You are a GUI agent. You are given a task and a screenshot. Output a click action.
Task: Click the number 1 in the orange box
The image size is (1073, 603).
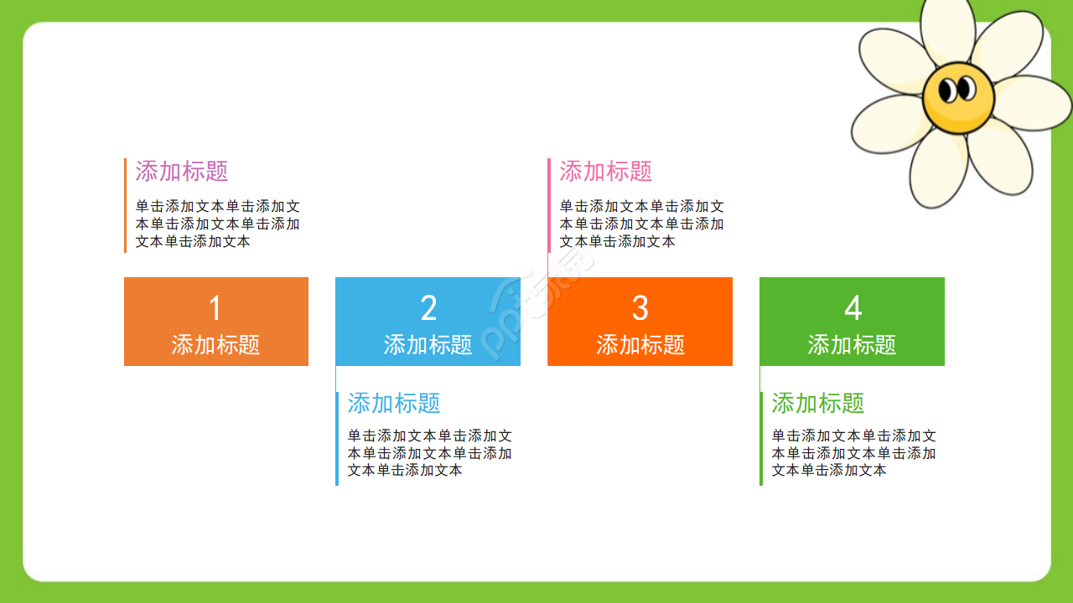(x=215, y=308)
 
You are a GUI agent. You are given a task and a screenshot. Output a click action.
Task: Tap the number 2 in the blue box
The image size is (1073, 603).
(x=428, y=308)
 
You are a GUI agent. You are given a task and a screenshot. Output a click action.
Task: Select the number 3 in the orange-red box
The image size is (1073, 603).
(x=640, y=308)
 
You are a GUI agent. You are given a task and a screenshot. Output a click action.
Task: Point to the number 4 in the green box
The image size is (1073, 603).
(x=853, y=308)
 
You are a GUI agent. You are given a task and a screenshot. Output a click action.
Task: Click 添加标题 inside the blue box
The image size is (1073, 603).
(x=428, y=344)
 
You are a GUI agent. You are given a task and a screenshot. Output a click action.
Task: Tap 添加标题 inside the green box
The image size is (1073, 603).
(x=852, y=344)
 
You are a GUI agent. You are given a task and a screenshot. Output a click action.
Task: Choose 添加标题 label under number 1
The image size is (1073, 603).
(x=215, y=344)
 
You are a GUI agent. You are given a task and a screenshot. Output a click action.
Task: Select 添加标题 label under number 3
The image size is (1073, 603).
(x=640, y=344)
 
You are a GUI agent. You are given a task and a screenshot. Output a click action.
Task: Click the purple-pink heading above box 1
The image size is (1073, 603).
(x=182, y=172)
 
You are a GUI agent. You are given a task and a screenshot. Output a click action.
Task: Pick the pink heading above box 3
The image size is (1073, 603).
(x=606, y=172)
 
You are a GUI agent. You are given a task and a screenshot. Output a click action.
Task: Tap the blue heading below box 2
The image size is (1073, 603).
(x=394, y=403)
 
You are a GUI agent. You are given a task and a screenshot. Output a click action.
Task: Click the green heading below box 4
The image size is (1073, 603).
(x=818, y=403)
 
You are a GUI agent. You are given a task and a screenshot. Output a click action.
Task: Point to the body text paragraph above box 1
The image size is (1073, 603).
(x=218, y=224)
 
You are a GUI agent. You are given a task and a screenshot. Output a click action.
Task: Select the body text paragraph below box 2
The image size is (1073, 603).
(x=430, y=453)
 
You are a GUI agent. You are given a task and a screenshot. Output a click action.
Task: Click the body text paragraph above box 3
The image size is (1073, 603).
(x=642, y=224)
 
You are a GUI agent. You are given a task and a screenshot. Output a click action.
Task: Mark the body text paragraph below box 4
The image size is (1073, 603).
(x=854, y=453)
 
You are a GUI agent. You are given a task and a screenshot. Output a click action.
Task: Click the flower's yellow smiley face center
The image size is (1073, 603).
(x=958, y=99)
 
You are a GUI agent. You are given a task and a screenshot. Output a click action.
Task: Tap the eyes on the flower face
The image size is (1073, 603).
(x=957, y=88)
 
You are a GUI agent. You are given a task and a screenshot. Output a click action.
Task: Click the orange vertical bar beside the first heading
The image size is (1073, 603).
(x=125, y=205)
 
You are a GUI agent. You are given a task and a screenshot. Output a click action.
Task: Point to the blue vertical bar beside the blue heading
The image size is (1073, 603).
(x=337, y=438)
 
